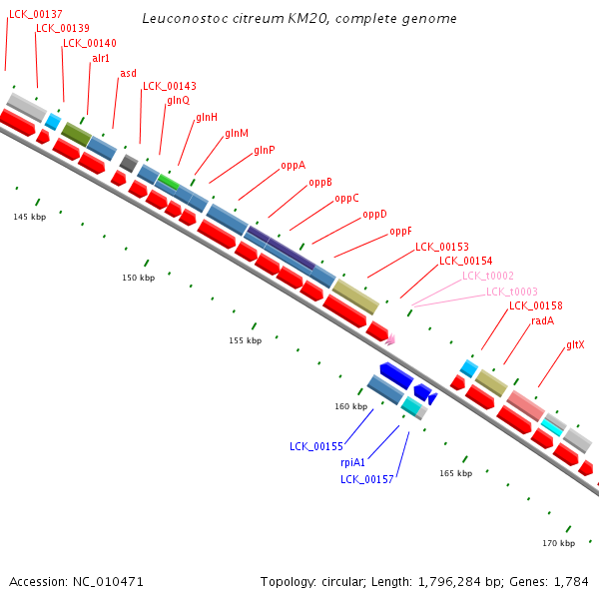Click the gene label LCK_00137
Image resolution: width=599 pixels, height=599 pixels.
click(36, 15)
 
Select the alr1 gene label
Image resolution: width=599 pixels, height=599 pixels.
click(101, 58)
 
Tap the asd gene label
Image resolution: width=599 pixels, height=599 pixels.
click(128, 73)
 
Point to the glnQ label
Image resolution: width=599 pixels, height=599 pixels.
click(178, 101)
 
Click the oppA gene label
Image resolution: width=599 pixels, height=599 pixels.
click(293, 166)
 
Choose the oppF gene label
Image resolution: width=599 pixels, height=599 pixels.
click(400, 232)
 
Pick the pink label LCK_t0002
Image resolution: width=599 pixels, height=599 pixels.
click(488, 276)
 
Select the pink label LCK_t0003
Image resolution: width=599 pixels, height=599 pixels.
click(512, 292)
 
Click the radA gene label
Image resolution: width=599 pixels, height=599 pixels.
click(542, 320)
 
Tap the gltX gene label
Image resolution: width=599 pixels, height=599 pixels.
click(575, 345)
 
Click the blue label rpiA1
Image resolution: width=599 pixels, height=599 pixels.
click(352, 462)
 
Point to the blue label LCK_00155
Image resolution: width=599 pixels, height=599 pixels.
click(316, 446)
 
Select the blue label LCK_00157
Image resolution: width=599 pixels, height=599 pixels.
click(366, 479)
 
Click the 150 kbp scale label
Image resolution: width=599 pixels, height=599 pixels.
click(139, 278)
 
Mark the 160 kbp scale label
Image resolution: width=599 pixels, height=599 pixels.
click(351, 406)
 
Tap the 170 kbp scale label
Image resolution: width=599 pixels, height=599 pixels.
click(558, 543)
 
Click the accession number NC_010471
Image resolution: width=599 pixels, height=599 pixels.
click(108, 582)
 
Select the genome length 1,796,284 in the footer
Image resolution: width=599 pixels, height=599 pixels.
click(449, 582)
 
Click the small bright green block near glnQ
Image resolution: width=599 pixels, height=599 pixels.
click(169, 182)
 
